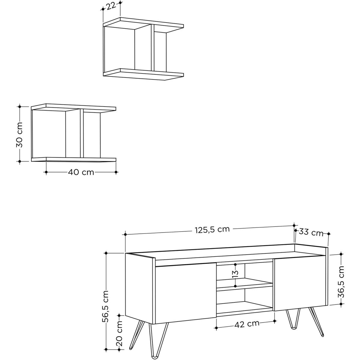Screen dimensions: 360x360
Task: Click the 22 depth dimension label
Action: pyautogui.click(x=111, y=7)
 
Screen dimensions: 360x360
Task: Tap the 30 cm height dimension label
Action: pyautogui.click(x=19, y=135)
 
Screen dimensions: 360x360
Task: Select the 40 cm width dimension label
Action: pyautogui.click(x=81, y=172)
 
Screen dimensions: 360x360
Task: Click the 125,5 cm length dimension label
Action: pyautogui.click(x=212, y=229)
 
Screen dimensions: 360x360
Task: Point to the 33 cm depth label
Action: pyautogui.click(x=311, y=233)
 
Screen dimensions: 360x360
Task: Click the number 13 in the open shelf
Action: pyautogui.click(x=235, y=274)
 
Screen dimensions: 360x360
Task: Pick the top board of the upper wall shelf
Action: pyautogui.click(x=143, y=23)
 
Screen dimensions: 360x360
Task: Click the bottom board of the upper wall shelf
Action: pyautogui.click(x=143, y=74)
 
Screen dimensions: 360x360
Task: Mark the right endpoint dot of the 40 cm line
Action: pyautogui.click(x=116, y=172)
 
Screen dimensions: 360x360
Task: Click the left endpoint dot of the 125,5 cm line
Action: pyautogui.click(x=125, y=235)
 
